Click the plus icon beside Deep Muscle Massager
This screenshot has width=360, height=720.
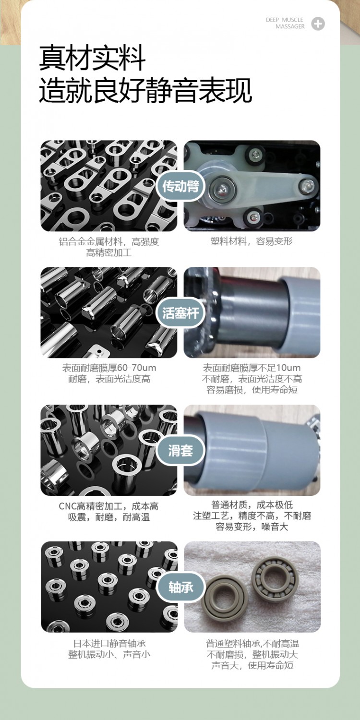318,24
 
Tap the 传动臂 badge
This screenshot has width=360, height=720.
180,186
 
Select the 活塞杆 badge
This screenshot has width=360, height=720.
180,313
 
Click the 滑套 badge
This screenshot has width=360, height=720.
180,451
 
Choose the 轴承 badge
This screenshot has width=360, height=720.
180,588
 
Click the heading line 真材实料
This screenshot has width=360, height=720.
93,58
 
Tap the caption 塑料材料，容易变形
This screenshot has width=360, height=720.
252,241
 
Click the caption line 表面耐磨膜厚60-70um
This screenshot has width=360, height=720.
109,368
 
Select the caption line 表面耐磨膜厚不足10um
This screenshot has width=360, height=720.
252,368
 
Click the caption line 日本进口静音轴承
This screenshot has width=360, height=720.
109,644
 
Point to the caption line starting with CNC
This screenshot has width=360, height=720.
108,506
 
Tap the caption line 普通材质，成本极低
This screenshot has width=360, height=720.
252,505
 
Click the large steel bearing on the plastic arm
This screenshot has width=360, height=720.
222,189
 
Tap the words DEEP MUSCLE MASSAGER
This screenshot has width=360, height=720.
285,23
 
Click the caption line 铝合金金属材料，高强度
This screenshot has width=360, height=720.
109,242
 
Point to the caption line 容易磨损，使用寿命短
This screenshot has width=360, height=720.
252,390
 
